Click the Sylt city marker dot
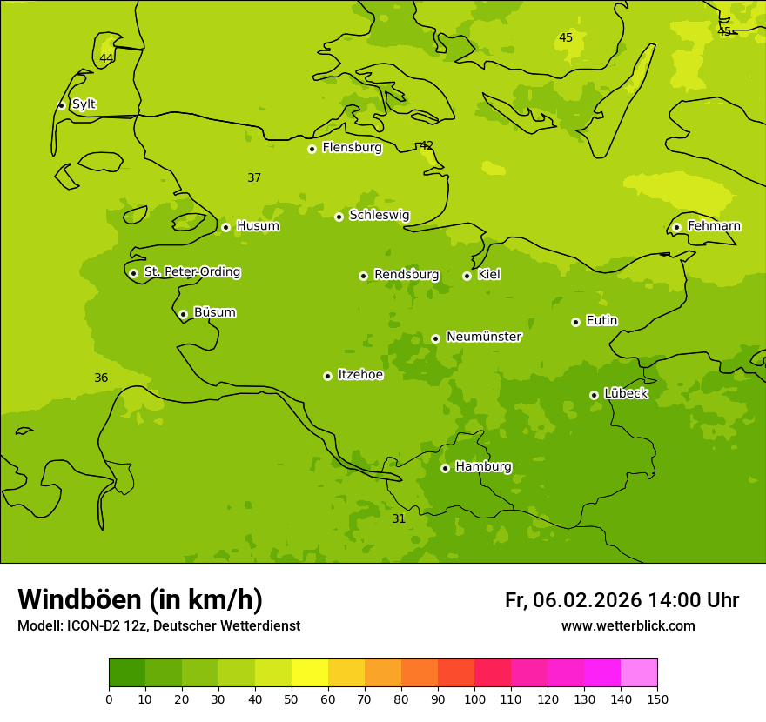pos(61,105)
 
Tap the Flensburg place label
pos(352,148)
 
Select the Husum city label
pos(258,226)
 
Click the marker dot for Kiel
pos(467,276)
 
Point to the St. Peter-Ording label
pos(191,272)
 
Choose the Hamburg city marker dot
pos(445,468)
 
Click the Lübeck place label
pos(625,394)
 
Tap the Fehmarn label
pos(714,226)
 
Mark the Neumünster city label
pos(483,337)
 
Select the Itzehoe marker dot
pos(327,376)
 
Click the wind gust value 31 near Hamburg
pos(399,519)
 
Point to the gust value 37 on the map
pos(254,178)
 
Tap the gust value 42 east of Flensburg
pos(427,145)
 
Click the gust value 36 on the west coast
pos(101,378)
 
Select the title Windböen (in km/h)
pos(140,599)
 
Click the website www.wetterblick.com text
pos(628,626)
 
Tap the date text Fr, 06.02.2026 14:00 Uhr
pos(622,600)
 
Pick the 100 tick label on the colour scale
pos(474,699)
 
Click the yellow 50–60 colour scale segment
pos(310,673)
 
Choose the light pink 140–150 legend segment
pos(639,673)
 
